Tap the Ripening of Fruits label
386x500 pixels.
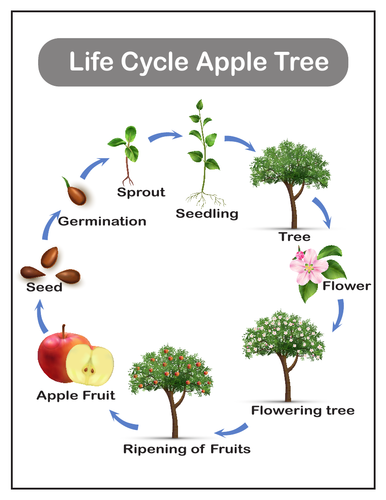pos(187,448)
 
